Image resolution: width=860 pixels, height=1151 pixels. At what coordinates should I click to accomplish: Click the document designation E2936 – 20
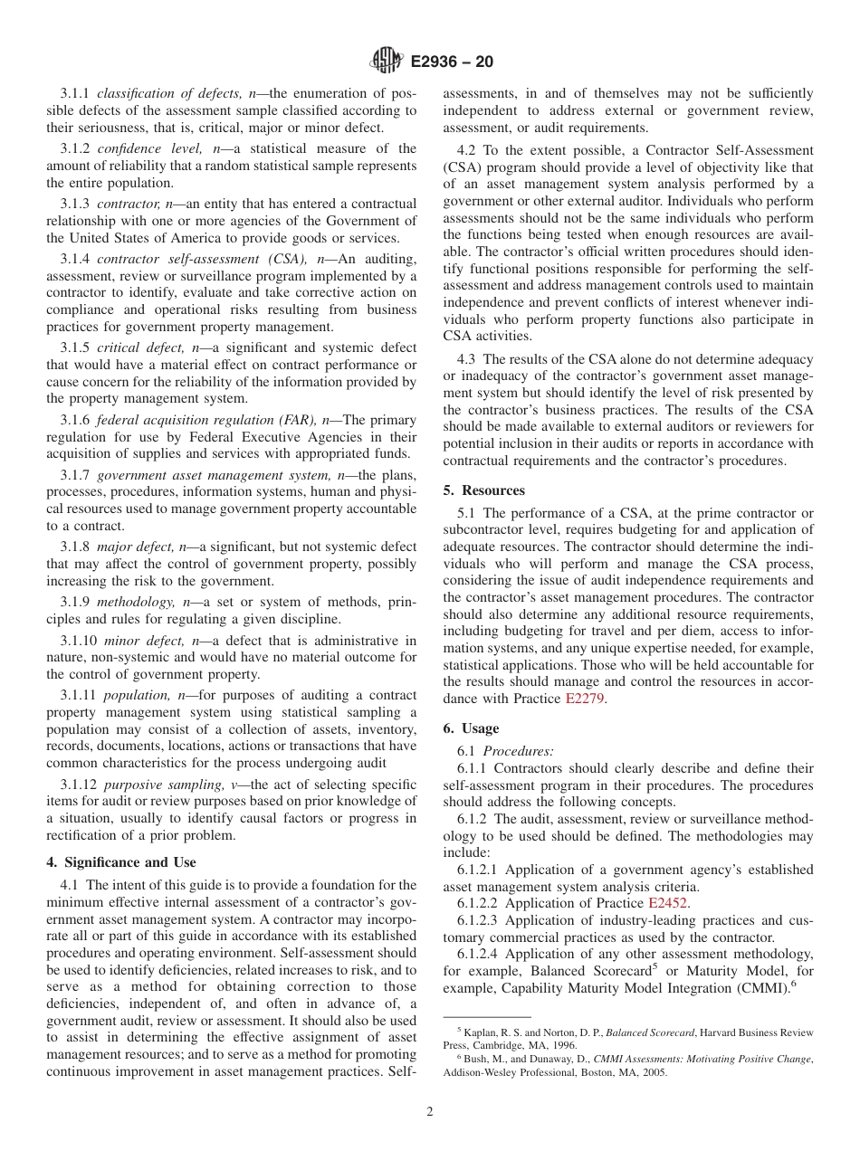pyautogui.click(x=452, y=62)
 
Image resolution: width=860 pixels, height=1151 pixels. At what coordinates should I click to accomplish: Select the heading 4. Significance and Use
pyautogui.click(x=120, y=862)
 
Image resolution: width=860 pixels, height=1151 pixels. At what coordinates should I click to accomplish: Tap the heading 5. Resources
pyautogui.click(x=483, y=490)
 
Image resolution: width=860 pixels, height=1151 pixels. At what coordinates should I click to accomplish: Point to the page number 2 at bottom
pyautogui.click(x=430, y=1112)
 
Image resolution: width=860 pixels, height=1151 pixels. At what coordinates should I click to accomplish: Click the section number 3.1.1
pyautogui.click(x=75, y=94)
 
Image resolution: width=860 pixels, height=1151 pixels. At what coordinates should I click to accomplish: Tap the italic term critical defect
pyautogui.click(x=138, y=347)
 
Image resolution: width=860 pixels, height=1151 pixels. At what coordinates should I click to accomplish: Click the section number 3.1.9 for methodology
pyautogui.click(x=75, y=601)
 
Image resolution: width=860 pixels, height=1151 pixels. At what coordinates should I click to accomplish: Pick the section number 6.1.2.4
pyautogui.click(x=480, y=954)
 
